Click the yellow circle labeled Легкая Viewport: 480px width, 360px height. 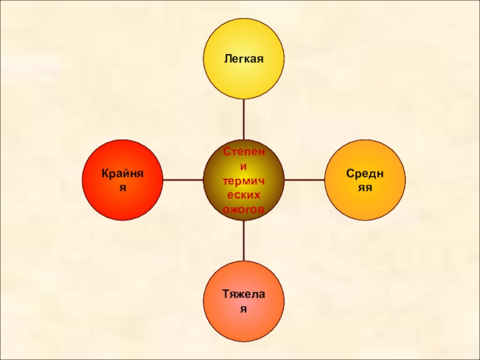coord(244,59)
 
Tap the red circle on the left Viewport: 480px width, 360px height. coord(122,179)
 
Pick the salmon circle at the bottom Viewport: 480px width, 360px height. coord(244,300)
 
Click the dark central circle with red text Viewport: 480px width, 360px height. coord(244,179)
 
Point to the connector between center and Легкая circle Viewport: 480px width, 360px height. coord(244,119)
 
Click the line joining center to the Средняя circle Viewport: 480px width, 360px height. coord(304,179)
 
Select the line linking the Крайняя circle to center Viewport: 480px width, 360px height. coord(182,179)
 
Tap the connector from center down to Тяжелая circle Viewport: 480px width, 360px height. coord(244,240)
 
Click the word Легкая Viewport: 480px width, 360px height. coord(244,59)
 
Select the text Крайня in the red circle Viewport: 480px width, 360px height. coord(122,173)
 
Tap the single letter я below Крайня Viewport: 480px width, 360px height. coord(122,187)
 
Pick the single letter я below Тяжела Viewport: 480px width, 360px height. coord(244,308)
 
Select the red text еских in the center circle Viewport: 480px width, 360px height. coord(244,195)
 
